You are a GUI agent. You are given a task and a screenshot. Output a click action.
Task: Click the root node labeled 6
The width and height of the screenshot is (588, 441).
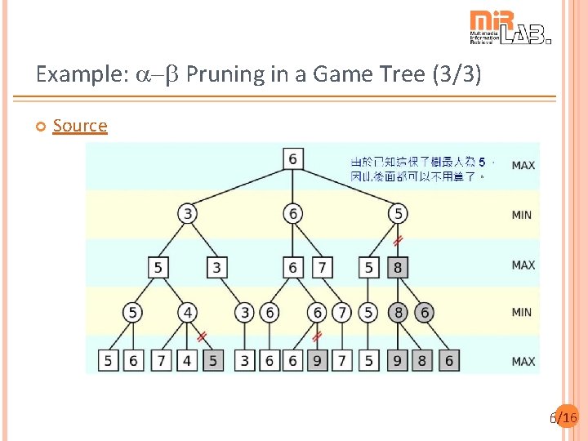pos(292,158)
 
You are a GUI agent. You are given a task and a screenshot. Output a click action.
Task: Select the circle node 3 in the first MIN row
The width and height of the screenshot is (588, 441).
pos(188,214)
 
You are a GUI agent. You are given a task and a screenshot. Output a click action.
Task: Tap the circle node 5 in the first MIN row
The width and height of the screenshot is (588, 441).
pos(397,214)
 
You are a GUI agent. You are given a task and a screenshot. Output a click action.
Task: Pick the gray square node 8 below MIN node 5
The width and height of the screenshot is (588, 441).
pos(397,266)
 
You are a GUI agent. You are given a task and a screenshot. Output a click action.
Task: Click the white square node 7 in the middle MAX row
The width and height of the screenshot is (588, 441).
pos(323,266)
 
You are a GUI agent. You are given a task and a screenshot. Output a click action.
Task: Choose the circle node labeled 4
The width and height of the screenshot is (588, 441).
pos(188,312)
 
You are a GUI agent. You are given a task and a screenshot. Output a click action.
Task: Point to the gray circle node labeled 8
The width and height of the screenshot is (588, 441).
pos(397,312)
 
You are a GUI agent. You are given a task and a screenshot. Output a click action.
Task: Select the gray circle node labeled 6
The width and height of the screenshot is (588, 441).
pos(423,312)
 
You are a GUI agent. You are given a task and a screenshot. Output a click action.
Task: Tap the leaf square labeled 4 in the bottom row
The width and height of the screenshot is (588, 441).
pos(188,360)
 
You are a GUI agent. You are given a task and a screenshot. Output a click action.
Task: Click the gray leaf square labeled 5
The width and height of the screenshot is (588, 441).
pos(213,360)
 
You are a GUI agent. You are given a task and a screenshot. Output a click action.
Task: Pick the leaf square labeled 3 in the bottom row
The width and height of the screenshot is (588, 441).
pos(245,360)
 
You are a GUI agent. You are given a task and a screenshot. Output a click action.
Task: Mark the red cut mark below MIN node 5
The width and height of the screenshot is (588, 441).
pos(398,241)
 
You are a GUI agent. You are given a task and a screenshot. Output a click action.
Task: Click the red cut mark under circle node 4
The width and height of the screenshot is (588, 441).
pos(201,336)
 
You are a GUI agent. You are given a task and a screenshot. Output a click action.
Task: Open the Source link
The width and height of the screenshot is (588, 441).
pos(80,126)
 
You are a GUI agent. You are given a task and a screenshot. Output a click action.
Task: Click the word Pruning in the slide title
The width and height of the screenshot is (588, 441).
pos(222,75)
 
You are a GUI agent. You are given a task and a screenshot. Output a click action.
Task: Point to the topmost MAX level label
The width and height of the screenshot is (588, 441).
pos(523,166)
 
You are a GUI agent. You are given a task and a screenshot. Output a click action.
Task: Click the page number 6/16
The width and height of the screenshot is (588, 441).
pos(564,418)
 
